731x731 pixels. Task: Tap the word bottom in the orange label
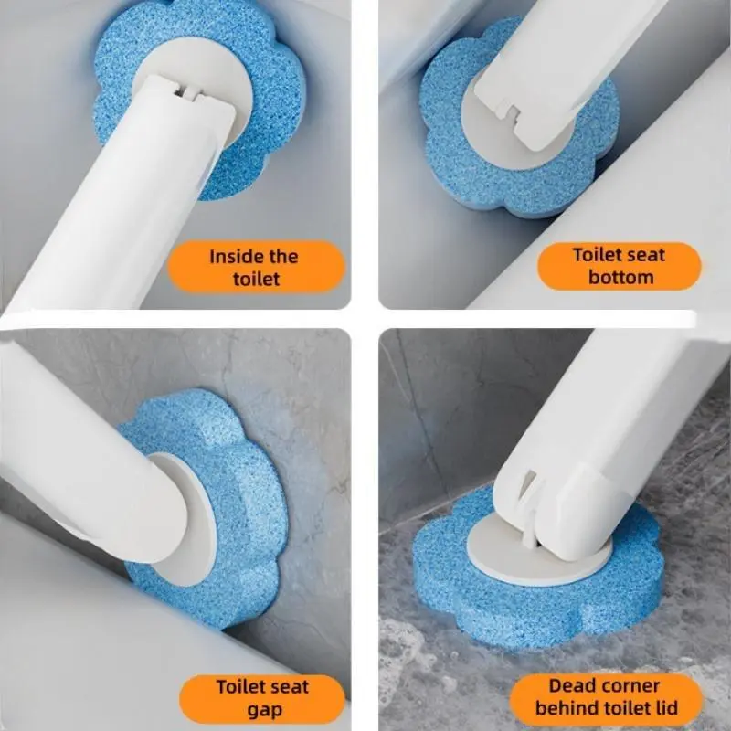[x=620, y=277]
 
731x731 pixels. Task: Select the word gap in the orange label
[x=264, y=710]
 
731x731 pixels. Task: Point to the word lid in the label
[x=667, y=707]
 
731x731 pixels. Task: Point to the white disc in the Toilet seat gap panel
[x=196, y=517]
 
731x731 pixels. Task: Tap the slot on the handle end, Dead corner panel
[x=530, y=487]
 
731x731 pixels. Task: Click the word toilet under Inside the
[x=256, y=279]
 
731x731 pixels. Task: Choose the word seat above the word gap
[x=288, y=687]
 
